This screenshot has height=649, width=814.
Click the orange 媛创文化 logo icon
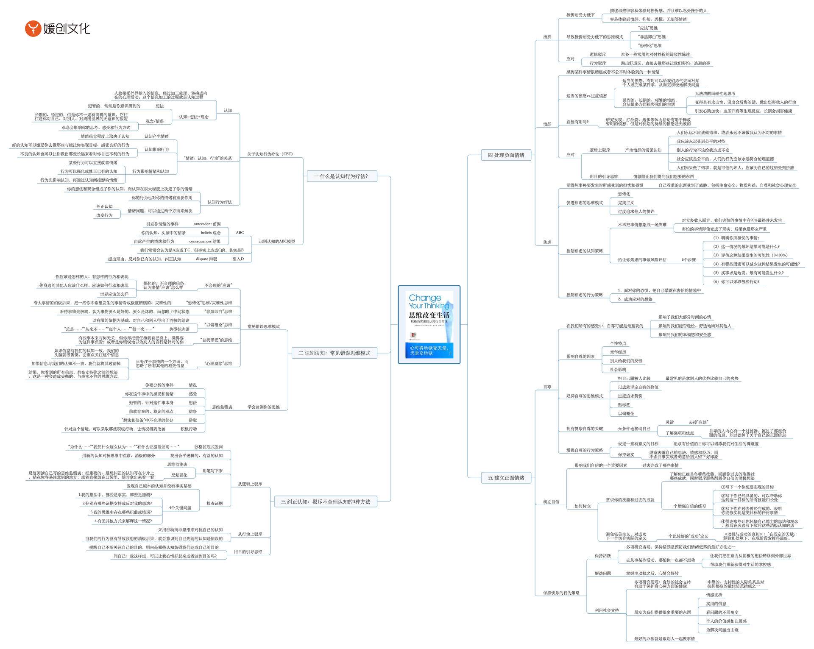(33, 28)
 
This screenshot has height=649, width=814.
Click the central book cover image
(429, 324)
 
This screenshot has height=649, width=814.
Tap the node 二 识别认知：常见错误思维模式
(334, 353)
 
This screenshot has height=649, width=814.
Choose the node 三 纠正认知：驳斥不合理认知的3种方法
(325, 502)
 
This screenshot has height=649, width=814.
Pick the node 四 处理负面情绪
(506, 155)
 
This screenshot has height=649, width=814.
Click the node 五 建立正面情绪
(506, 478)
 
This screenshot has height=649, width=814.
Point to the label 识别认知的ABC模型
(277, 242)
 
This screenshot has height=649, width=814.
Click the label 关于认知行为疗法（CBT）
(270, 154)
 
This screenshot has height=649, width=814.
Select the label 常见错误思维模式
(263, 326)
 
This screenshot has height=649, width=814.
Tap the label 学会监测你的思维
(263, 407)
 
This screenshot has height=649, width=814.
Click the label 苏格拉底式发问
(208, 447)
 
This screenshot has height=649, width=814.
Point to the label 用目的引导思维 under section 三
(248, 552)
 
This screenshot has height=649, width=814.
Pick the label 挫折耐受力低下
(580, 15)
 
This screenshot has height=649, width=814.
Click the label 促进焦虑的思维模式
(584, 203)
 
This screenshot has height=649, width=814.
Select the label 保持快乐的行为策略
(561, 593)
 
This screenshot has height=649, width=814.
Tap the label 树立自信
(551, 502)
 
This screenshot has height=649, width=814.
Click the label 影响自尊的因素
(580, 357)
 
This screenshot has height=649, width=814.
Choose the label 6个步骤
(689, 259)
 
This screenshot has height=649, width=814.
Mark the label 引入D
(238, 259)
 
